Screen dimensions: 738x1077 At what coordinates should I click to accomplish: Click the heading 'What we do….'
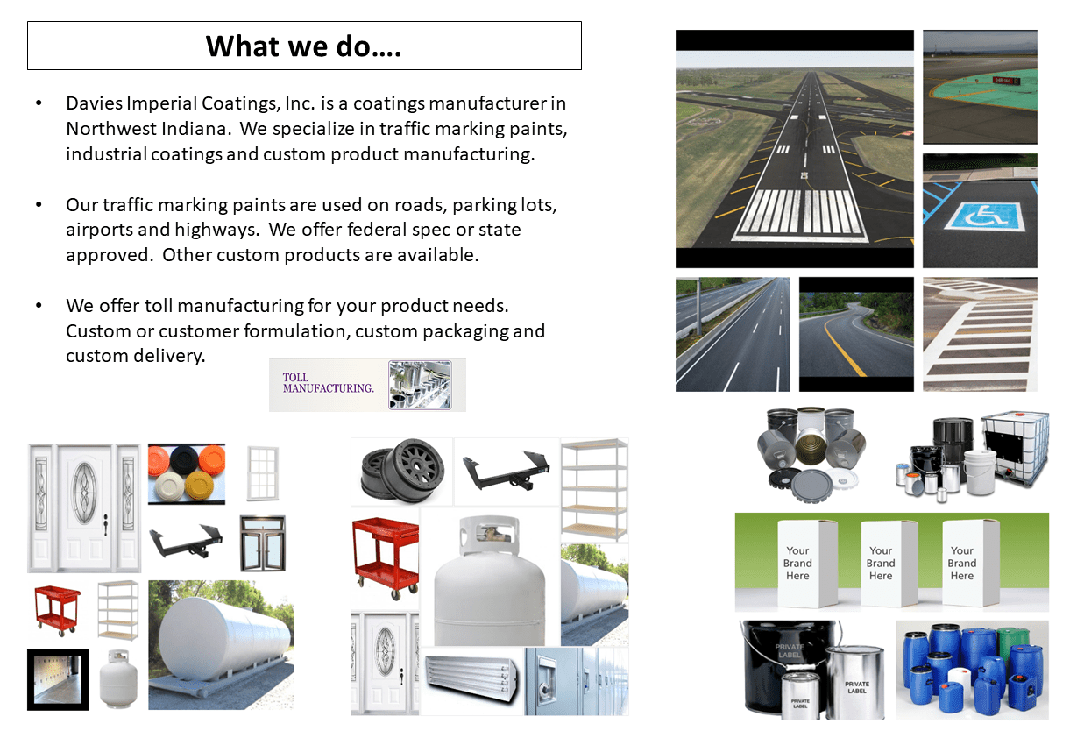[304, 46]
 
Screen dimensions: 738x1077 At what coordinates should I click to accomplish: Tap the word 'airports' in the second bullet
[99, 231]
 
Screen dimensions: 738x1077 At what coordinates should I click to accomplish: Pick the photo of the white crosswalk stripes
[980, 334]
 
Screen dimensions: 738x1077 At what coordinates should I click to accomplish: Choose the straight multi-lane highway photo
[732, 334]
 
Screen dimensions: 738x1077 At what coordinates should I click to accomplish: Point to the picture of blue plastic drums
[971, 669]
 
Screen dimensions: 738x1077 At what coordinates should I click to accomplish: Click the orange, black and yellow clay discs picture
[186, 473]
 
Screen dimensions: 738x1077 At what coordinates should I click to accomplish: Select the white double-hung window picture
[262, 473]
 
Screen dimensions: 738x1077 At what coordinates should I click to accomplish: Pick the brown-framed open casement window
[262, 543]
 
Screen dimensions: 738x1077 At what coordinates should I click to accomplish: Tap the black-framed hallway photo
[58, 679]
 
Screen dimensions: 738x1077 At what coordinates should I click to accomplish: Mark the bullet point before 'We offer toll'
[39, 307]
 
